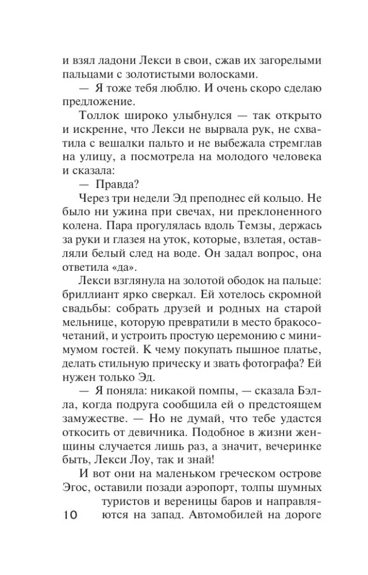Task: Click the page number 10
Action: (x=69, y=516)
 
